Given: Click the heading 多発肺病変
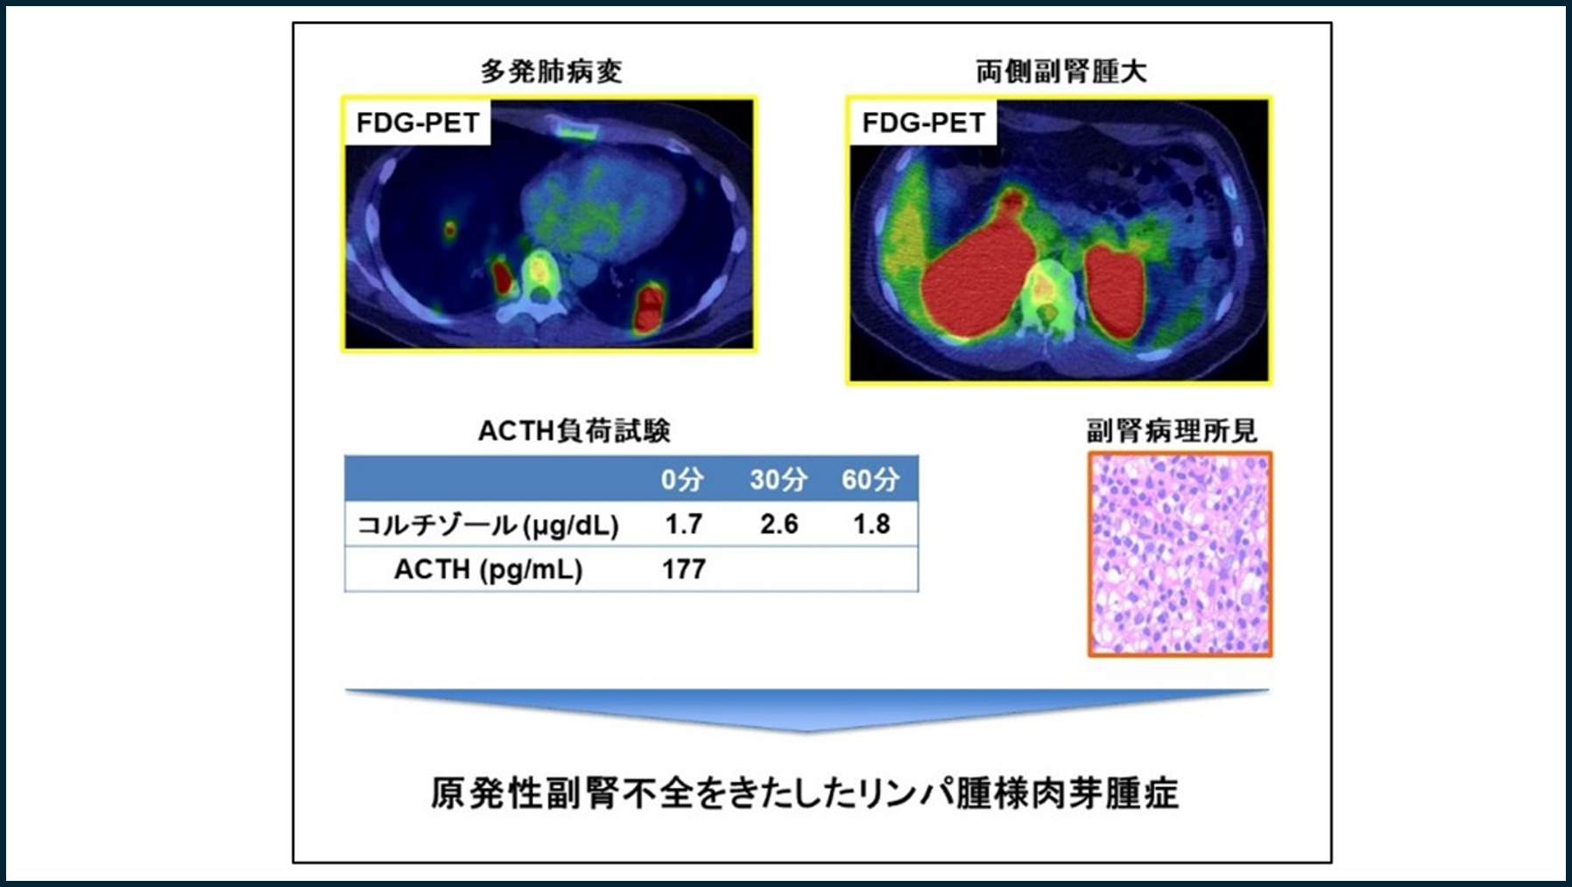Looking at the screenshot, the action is [551, 71].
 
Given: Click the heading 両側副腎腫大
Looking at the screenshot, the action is [1061, 71].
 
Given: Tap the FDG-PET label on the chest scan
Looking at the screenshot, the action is [418, 123].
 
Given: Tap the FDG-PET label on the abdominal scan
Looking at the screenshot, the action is [924, 123].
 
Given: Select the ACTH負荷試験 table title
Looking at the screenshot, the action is [575, 431].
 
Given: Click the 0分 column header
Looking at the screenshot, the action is [682, 479].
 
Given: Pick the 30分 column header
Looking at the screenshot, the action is [779, 479].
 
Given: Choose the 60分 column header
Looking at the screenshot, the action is [871, 479].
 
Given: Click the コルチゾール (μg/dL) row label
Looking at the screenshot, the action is [488, 524].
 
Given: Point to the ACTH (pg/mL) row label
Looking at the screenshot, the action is [488, 569].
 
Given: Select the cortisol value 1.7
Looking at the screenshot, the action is [683, 524].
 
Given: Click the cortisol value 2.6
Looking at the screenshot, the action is [779, 524].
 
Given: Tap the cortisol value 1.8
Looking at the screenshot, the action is [871, 524].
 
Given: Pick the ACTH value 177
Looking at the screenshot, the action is [684, 569].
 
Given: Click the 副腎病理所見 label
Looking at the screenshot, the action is [1172, 431].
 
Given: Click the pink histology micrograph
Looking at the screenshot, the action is [1180, 554].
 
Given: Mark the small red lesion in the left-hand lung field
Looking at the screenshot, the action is [449, 230].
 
